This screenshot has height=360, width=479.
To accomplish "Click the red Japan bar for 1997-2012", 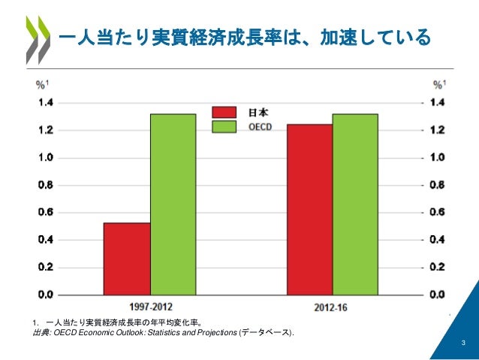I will [127, 258].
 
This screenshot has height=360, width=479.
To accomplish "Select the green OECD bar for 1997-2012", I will [173, 203].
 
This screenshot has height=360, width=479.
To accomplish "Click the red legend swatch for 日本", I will [226, 112].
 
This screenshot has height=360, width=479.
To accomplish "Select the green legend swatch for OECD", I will [226, 127].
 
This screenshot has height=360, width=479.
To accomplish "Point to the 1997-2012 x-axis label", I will [149, 307].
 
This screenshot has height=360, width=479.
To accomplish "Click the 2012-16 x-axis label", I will [332, 307].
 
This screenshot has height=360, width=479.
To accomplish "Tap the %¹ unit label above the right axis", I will [441, 84].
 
